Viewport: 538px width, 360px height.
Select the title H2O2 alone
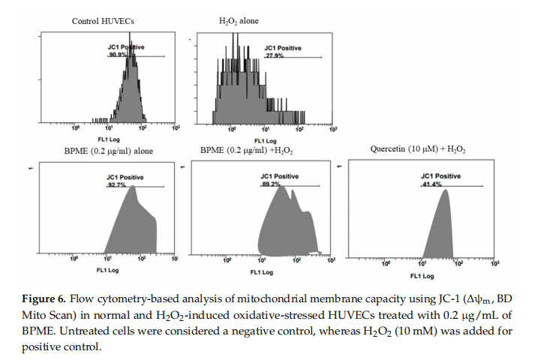point(239,21)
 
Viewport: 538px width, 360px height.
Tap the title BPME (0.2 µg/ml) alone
point(108,151)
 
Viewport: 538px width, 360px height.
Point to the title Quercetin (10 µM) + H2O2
point(418,150)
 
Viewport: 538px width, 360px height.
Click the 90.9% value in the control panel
point(117,55)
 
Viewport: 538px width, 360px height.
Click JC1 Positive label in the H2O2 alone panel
point(282,48)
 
